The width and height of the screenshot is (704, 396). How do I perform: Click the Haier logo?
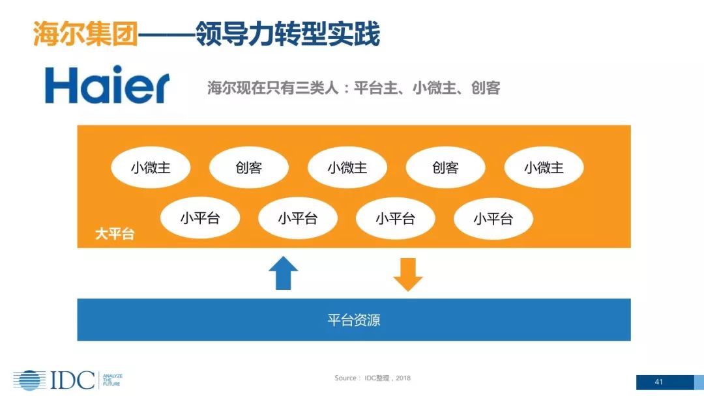(x=107, y=85)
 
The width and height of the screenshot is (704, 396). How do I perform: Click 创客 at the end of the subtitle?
(x=485, y=88)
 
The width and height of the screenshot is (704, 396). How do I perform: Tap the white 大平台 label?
(x=115, y=234)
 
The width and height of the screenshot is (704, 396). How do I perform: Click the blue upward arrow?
(x=283, y=273)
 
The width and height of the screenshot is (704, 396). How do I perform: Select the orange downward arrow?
(x=408, y=274)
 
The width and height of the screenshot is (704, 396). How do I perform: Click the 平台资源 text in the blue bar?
(x=353, y=320)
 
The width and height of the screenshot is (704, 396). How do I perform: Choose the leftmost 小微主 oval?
(x=151, y=168)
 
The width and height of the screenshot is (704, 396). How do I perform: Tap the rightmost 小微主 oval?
(x=544, y=168)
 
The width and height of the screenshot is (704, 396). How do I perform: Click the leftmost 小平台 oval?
(x=199, y=218)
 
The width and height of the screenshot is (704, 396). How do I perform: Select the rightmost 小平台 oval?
(x=493, y=218)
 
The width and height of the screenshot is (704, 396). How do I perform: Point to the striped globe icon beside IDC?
(x=29, y=380)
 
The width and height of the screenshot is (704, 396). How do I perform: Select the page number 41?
(x=658, y=382)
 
